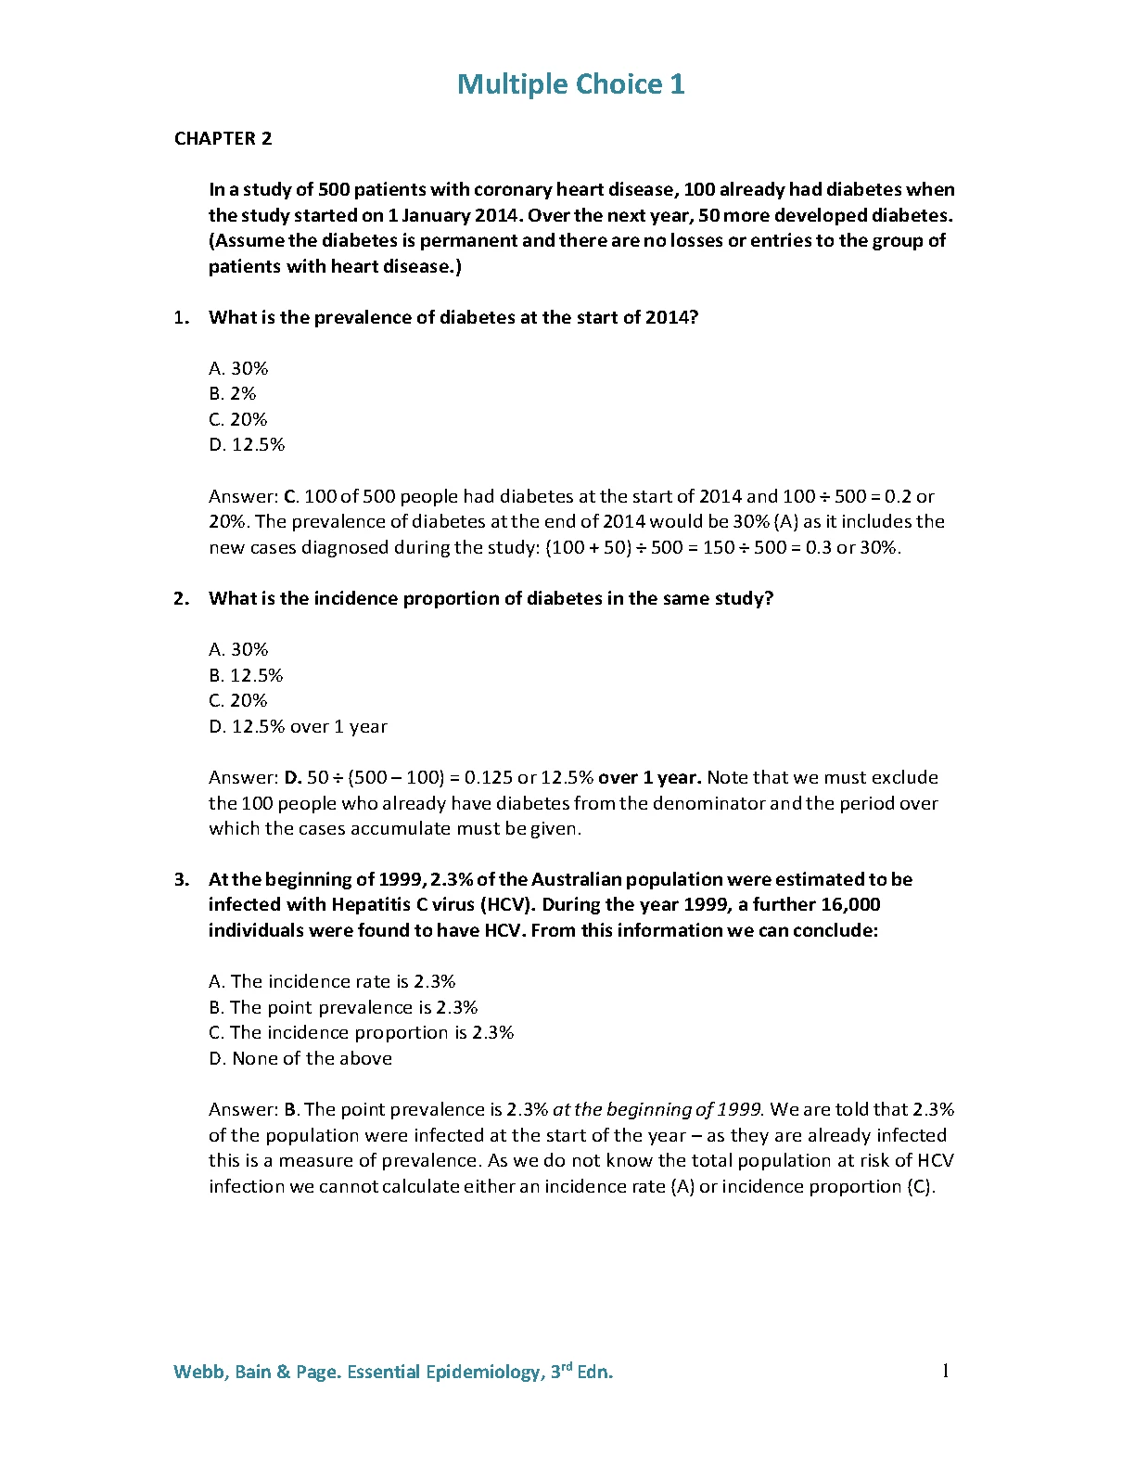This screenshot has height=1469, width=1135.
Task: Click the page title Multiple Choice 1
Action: pos(570,84)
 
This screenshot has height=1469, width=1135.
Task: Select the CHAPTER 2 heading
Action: pos(223,138)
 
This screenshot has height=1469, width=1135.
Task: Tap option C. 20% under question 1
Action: pos(238,419)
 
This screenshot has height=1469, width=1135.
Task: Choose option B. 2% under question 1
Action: pos(233,393)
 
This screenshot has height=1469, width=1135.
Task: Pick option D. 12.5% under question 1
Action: pos(247,444)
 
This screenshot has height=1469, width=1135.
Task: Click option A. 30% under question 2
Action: pos(238,649)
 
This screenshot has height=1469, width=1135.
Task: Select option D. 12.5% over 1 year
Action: pos(298,726)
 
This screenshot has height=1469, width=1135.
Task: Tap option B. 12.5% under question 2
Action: pos(246,675)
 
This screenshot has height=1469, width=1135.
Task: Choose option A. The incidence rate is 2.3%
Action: pos(332,981)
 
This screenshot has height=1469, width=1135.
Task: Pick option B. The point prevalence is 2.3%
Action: pos(343,1007)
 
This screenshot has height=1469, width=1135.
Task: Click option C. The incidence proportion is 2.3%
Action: pos(361,1032)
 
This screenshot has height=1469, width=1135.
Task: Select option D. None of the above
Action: pos(300,1058)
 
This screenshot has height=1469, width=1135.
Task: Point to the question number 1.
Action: pos(181,317)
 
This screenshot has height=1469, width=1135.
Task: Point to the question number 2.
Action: pos(181,598)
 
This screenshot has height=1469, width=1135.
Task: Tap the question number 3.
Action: pos(181,879)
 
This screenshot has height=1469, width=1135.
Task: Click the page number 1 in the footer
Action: pos(945,1371)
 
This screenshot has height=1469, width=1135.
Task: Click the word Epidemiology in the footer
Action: pos(482,1372)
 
